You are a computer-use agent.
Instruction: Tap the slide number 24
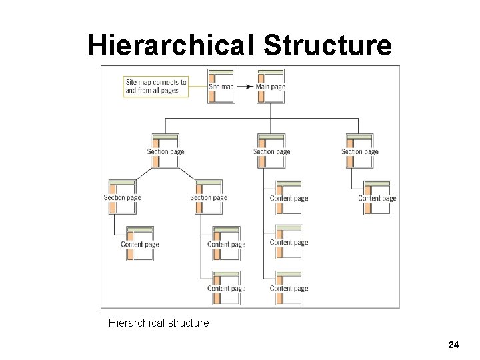(453, 345)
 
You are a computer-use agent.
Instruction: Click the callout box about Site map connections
(155, 86)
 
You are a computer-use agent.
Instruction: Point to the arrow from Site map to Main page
(244, 87)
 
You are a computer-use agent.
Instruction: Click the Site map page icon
(221, 85)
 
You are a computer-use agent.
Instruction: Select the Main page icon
(270, 85)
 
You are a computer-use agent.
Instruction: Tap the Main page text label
(271, 87)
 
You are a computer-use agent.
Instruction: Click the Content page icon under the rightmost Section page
(377, 197)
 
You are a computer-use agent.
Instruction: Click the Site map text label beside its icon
(221, 87)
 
